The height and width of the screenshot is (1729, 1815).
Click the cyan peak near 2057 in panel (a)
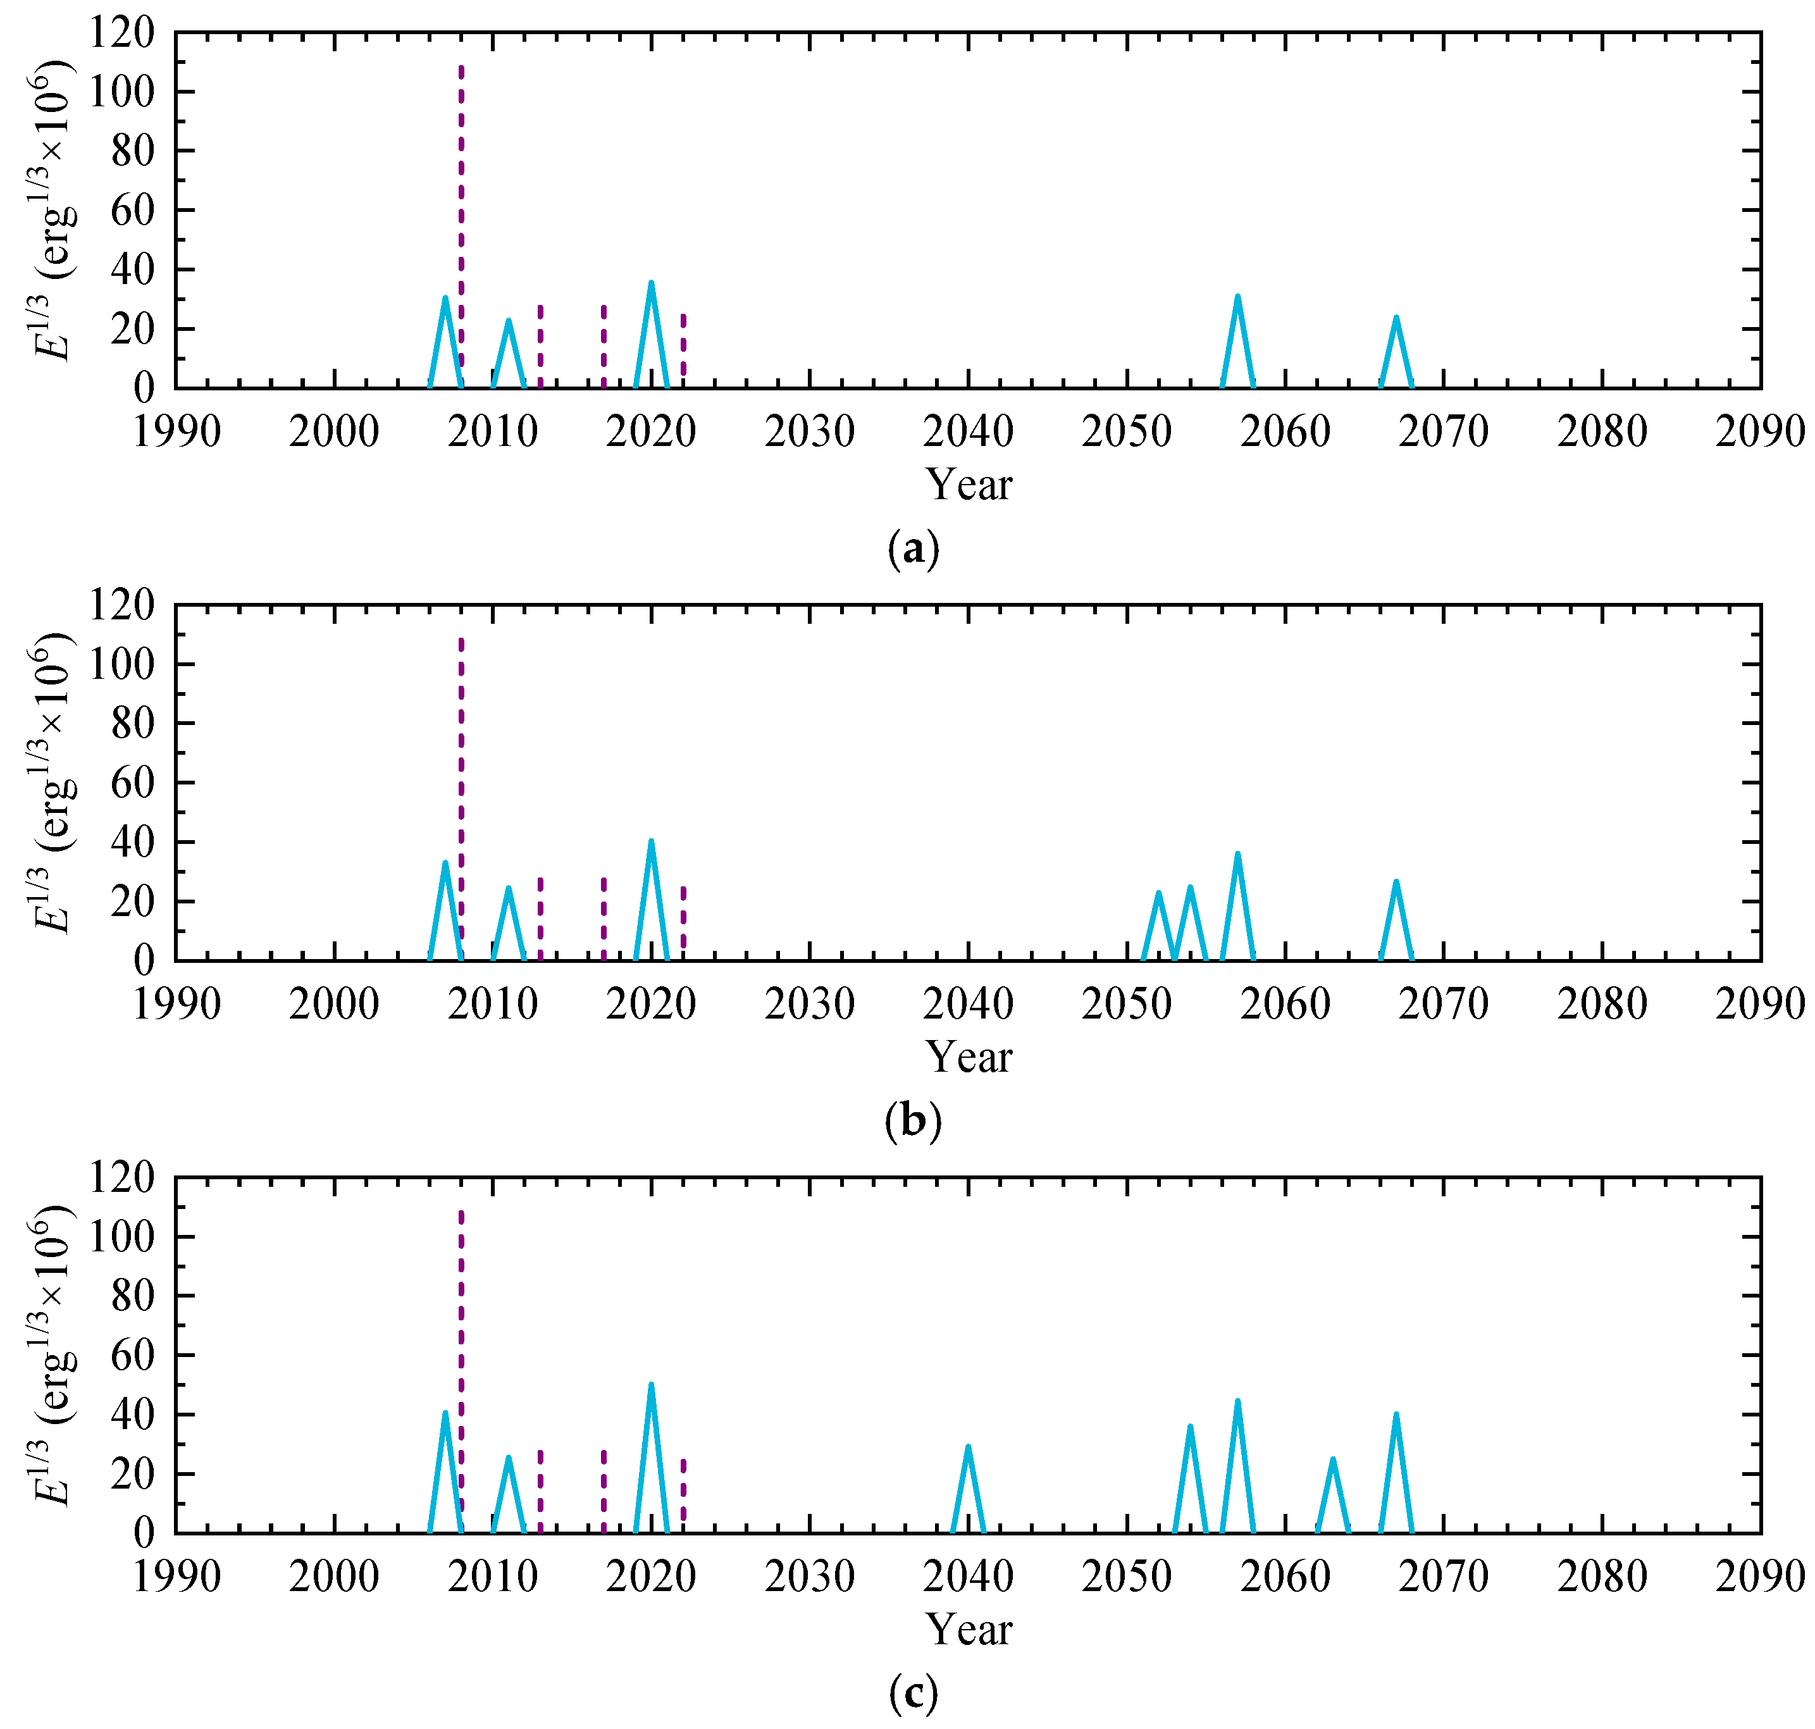1237,297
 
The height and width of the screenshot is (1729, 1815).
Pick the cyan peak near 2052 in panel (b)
1158,894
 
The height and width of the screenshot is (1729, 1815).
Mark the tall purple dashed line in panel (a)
461,226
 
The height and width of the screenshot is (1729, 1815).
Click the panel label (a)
913,548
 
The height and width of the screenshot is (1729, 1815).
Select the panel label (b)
913,1122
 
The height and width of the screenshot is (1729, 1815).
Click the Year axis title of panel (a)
968,485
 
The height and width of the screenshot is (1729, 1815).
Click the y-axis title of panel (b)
51,783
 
